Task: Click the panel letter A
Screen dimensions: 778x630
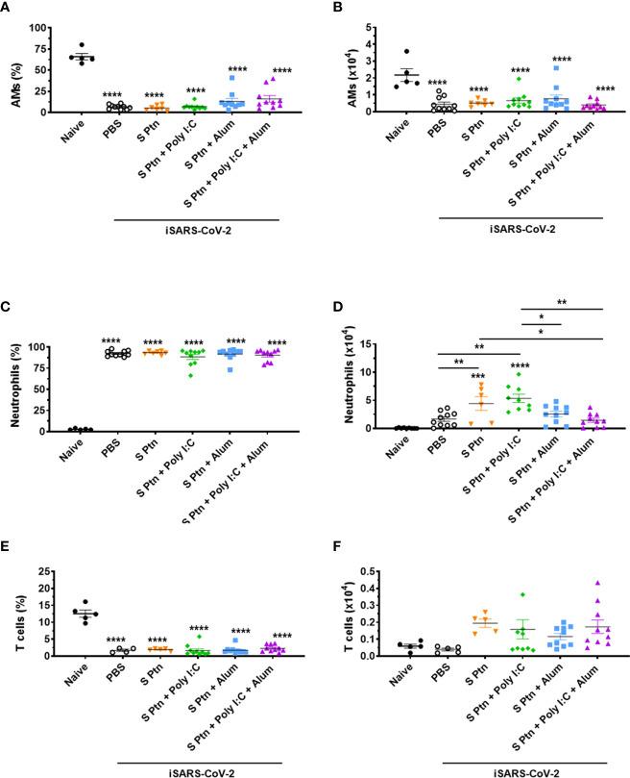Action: click(x=8, y=8)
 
